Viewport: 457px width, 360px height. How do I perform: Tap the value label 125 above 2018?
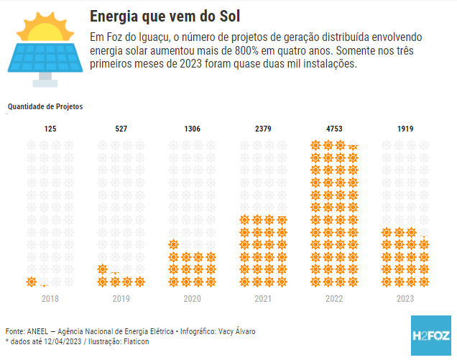pos(50,129)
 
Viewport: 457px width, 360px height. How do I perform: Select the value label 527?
pos(121,129)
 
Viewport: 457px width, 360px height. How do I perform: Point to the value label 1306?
pos(192,129)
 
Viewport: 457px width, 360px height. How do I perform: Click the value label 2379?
pos(263,129)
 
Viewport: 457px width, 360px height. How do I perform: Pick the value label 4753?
pos(334,129)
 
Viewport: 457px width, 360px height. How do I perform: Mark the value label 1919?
pos(405,129)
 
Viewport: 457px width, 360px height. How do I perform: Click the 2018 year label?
pos(50,297)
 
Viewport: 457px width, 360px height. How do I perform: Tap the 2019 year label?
pos(121,297)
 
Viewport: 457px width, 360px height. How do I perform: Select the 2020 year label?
pos(192,297)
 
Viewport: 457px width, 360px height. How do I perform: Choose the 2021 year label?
pos(263,297)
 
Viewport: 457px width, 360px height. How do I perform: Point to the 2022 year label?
pos(334,297)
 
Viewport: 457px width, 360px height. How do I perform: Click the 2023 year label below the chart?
pos(405,297)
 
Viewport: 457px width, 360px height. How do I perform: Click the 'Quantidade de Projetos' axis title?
pos(45,106)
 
